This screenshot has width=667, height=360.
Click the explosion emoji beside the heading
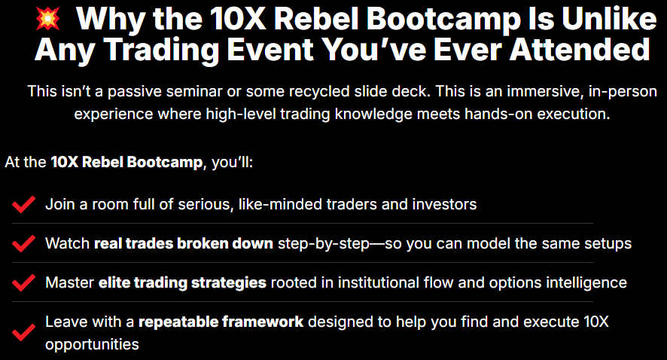click(47, 19)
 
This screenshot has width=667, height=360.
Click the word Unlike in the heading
click(610, 19)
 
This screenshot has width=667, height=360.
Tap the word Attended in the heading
click(580, 50)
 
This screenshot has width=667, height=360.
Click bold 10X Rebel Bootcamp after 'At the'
click(126, 162)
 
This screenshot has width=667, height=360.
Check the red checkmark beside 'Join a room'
click(23, 204)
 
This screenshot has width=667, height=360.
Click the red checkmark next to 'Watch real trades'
click(23, 243)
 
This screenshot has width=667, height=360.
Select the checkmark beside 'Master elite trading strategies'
click(23, 282)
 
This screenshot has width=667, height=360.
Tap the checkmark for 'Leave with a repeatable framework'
click(23, 332)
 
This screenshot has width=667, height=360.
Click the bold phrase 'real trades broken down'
click(184, 243)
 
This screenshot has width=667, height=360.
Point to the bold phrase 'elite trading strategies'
click(182, 283)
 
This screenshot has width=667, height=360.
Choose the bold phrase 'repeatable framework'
click(221, 322)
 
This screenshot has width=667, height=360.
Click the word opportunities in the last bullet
click(93, 345)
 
